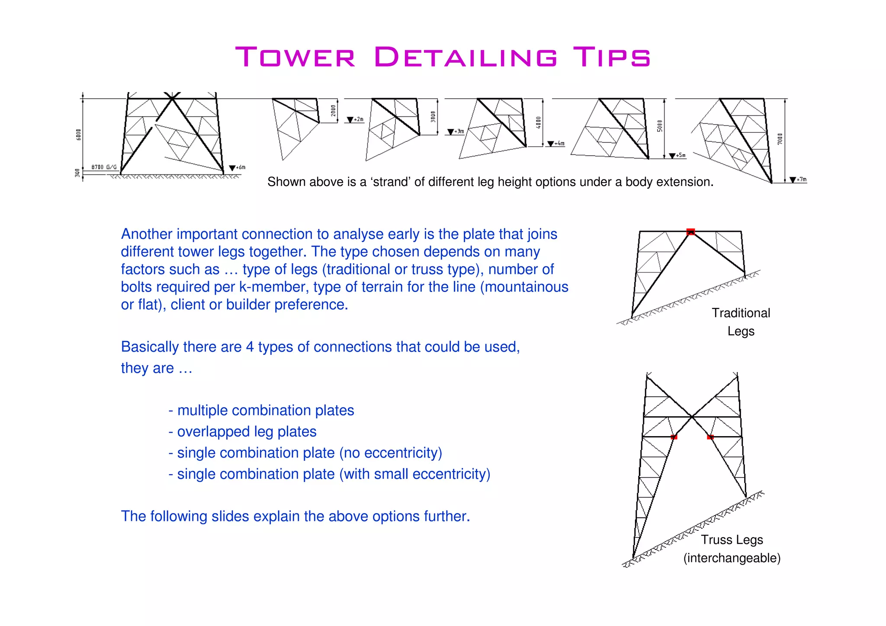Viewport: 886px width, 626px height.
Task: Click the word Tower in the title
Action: point(295,57)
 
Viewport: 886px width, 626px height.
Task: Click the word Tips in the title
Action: point(611,57)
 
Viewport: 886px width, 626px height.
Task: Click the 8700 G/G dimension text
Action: point(104,167)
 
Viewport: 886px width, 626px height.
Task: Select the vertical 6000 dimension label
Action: point(78,135)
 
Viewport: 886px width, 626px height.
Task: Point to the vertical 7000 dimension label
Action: point(780,139)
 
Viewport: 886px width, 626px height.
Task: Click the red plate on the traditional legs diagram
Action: point(691,232)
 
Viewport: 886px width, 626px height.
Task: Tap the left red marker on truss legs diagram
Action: point(674,437)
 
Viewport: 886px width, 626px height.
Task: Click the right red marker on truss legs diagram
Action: point(710,437)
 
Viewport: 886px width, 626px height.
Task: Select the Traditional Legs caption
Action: point(741,322)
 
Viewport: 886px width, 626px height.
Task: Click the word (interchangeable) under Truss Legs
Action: point(732,558)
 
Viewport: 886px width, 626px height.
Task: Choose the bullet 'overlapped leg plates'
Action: point(247,432)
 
